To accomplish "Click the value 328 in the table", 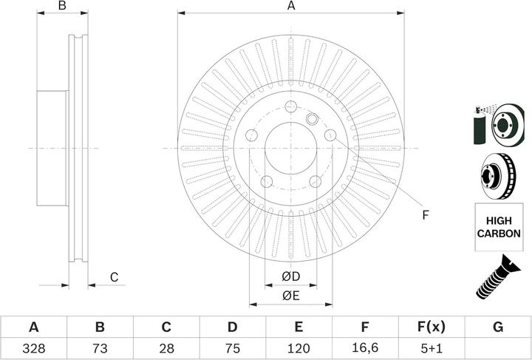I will (33, 347).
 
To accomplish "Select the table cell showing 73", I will (100, 347).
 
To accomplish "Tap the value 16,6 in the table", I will (365, 347).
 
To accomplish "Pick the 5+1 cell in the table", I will (432, 347).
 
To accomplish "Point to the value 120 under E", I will (299, 347).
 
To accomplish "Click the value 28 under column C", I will (166, 347).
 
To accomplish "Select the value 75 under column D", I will (232, 347).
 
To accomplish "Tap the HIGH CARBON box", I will (498, 227).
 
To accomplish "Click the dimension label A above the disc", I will (291, 7).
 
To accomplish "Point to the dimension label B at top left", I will (63, 7).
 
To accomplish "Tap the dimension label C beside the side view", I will (114, 277).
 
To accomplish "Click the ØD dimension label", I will (290, 277).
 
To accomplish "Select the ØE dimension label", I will (290, 296).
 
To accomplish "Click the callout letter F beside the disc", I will (425, 215).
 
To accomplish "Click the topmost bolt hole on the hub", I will (290, 105).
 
